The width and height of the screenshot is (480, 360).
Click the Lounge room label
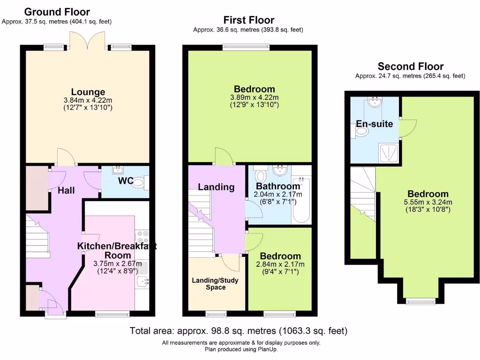click(88, 92)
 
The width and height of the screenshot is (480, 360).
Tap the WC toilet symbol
click(139, 185)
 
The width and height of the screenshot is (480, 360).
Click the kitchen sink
click(142, 281)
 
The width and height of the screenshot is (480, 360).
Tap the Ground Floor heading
click(57, 12)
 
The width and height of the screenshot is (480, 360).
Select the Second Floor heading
click(411, 67)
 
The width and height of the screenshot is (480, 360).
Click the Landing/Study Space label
click(215, 284)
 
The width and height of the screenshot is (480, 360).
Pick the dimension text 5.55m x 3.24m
click(428, 202)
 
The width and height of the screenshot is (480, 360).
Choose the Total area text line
click(239, 331)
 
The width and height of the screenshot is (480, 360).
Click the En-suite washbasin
click(375, 102)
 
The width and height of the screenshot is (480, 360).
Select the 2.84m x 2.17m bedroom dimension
click(280, 264)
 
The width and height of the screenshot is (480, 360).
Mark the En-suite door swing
click(406, 128)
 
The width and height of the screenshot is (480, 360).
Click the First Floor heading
click(248, 20)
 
